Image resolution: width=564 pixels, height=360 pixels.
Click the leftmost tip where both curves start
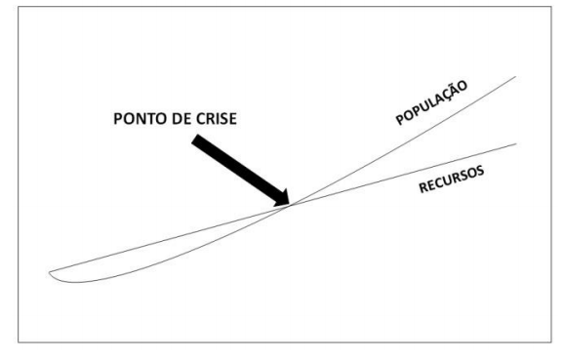click(x=49, y=270)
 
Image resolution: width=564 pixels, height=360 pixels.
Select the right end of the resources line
click(x=515, y=143)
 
